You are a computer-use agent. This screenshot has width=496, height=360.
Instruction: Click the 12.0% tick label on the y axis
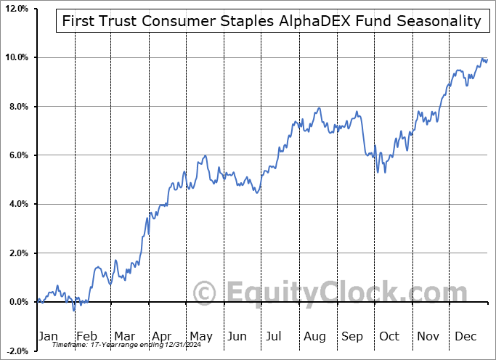point(15,8)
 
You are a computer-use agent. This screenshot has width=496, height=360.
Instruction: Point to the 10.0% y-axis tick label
point(15,57)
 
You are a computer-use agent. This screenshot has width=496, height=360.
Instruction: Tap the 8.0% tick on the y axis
point(17,107)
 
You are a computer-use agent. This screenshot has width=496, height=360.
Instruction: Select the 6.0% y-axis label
point(17,155)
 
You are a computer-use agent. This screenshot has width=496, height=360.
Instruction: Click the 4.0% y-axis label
point(17,204)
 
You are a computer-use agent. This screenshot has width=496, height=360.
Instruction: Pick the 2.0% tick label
point(17,253)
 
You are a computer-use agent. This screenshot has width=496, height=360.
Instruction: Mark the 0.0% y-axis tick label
point(17,302)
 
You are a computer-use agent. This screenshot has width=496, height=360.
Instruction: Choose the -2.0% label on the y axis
point(16,351)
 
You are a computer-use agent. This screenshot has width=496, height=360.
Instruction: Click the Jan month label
point(47,336)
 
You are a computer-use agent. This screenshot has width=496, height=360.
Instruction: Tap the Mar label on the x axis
point(124,336)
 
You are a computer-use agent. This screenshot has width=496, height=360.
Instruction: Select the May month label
point(201,336)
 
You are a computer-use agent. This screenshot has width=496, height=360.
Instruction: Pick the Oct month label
point(390,336)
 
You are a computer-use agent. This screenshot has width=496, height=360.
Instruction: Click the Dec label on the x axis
point(466,336)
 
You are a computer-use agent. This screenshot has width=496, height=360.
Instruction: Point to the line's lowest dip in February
point(74,311)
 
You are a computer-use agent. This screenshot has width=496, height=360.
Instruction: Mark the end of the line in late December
point(487,60)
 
